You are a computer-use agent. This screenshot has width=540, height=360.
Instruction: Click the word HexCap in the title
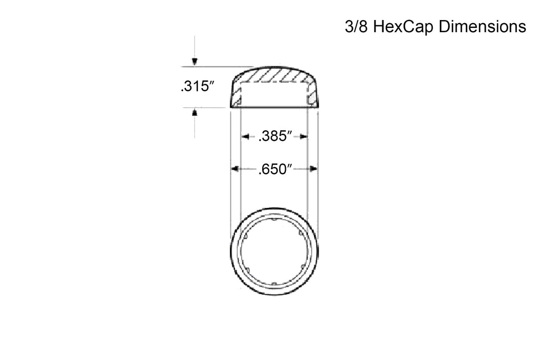403,27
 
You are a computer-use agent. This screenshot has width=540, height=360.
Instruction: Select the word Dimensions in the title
483,27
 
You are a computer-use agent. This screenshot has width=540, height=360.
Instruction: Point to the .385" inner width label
275,137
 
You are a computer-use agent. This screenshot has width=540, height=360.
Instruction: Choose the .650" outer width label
275,169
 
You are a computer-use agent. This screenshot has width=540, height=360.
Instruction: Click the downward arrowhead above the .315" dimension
195,62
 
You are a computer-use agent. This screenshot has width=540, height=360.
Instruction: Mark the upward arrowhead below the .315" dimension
195,113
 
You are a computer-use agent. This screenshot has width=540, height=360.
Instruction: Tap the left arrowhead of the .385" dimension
245,137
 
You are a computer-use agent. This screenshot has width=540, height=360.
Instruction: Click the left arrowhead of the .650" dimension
235,169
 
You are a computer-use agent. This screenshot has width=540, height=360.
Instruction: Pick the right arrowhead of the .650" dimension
313,169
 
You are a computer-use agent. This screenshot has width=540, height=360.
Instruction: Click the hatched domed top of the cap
274,75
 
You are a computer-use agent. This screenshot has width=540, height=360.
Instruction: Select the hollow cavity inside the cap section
274,94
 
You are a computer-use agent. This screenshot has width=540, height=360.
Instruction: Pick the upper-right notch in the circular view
301,233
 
